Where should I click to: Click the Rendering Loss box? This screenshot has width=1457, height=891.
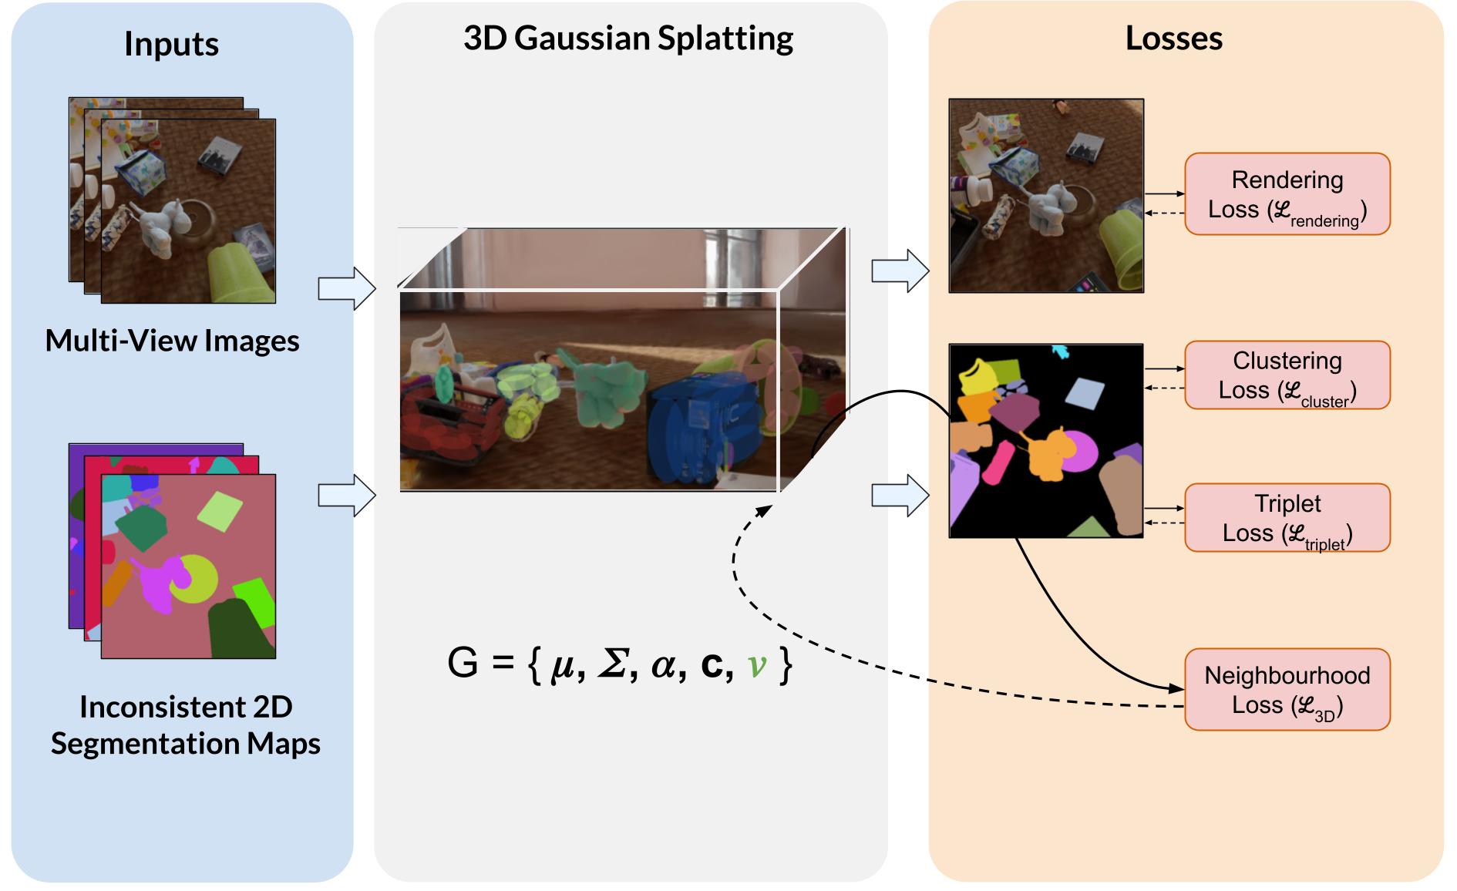pos(1287,194)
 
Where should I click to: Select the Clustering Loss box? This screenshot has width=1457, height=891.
pos(1287,375)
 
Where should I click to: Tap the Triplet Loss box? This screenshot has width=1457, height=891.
pos(1287,518)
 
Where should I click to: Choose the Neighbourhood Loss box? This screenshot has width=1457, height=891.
pos(1287,690)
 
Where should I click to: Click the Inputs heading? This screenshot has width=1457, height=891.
pos(171,44)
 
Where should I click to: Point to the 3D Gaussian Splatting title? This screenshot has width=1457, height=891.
pos(628,39)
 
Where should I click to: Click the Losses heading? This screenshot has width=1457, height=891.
pos(1173,39)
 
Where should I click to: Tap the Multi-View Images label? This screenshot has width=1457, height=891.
pos(172,341)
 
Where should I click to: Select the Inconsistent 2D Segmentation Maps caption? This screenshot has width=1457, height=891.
pos(185,725)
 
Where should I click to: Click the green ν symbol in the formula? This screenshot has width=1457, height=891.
pos(757,664)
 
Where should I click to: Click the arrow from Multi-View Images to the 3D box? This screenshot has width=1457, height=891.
pos(347,289)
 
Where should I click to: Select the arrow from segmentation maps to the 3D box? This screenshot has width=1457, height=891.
pos(347,495)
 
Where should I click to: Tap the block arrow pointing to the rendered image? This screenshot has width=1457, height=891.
pos(900,271)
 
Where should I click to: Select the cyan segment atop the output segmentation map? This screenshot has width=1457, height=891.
pos(1062,352)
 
